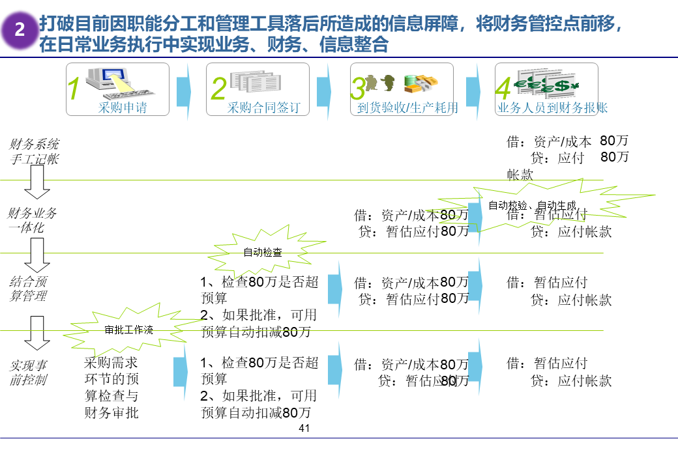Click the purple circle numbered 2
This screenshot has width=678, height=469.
(20, 30)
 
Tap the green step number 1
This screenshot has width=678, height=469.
(74, 90)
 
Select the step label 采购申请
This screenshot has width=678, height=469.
(123, 108)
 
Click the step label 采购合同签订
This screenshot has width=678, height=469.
(263, 108)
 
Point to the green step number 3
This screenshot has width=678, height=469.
(359, 90)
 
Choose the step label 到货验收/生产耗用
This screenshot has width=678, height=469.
(407, 108)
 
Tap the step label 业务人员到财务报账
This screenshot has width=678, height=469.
(553, 108)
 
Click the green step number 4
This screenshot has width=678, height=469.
(503, 90)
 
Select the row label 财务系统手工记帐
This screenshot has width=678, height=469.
(34, 151)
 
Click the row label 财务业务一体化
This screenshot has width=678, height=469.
(32, 220)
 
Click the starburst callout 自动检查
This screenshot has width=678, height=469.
(263, 252)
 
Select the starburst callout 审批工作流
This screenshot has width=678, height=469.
(129, 330)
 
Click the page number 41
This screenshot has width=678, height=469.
(304, 429)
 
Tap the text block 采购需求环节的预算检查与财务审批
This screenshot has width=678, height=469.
(111, 387)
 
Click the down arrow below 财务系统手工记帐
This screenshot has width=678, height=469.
(37, 182)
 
